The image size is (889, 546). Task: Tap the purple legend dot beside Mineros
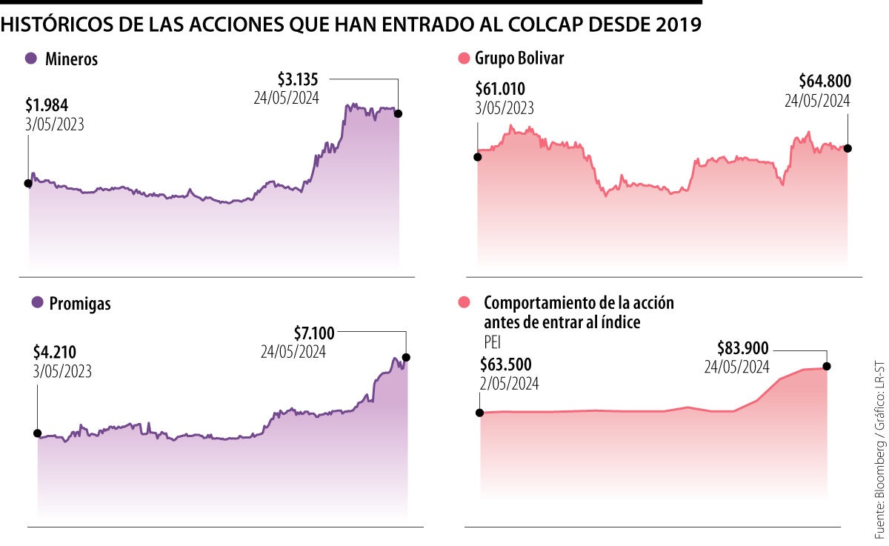pos(30,59)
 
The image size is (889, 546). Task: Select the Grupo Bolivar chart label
pos(519,59)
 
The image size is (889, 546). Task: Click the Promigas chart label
pos(80,303)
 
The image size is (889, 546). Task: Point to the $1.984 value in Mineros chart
pos(47,105)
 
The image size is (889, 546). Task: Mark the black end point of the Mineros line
pos(399,113)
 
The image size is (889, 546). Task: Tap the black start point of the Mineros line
pos(29,183)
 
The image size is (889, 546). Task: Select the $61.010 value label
pos(500,90)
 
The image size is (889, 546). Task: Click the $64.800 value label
pos(825,81)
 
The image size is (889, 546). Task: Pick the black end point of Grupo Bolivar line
pos(848,148)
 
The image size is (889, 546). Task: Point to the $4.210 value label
pos(55,352)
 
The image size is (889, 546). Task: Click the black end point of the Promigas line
pos(406,357)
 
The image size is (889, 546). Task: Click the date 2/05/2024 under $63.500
pos(509,384)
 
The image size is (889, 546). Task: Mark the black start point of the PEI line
pos(480,413)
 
